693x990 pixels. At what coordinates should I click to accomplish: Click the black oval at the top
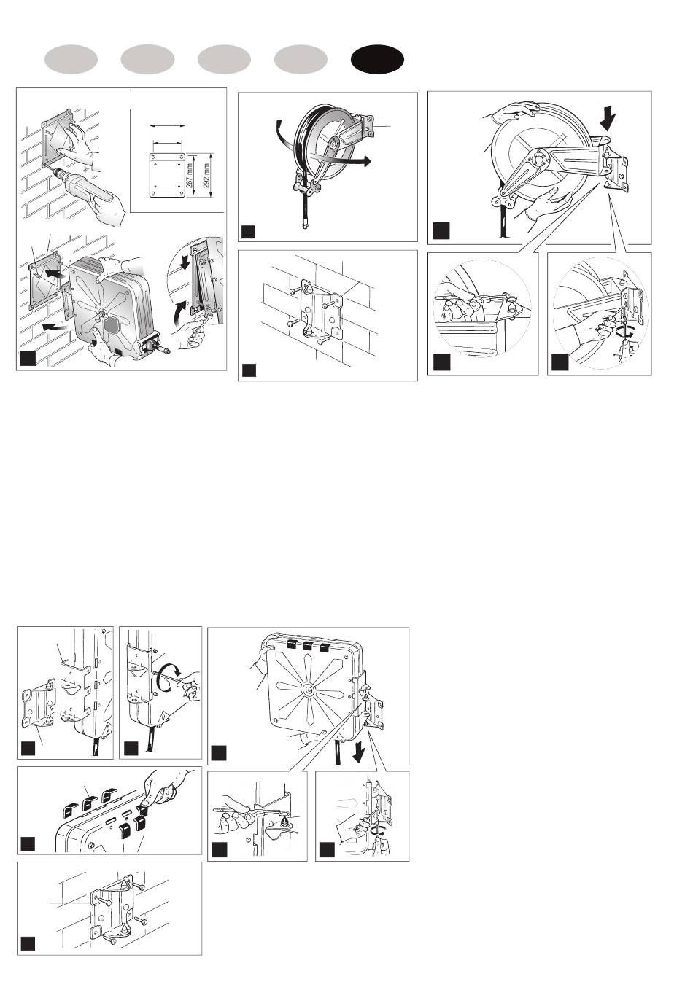pyautogui.click(x=377, y=61)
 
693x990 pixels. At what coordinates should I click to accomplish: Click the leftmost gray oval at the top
pyautogui.click(x=71, y=61)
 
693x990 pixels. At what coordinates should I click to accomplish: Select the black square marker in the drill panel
pyautogui.click(x=27, y=358)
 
